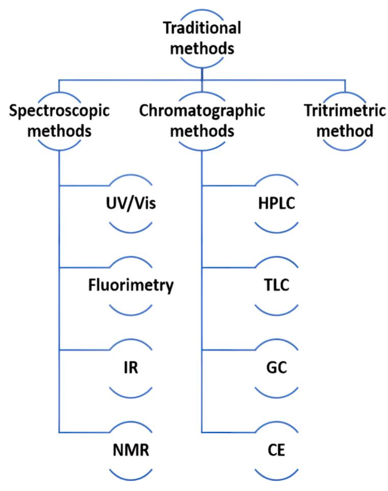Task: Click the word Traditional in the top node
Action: point(201,29)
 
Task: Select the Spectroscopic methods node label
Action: point(60,121)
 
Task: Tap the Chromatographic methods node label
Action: point(202,121)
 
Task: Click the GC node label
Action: point(274,368)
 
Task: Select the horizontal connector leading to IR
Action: point(84,350)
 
